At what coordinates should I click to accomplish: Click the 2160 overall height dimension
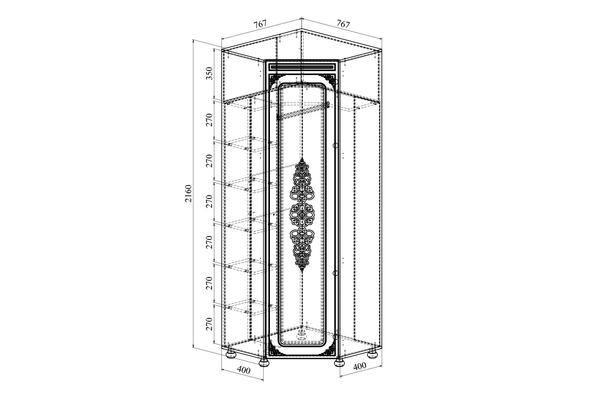pyautogui.click(x=188, y=194)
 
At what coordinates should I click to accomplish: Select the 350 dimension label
pyautogui.click(x=210, y=73)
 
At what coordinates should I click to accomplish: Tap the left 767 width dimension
pyautogui.click(x=260, y=24)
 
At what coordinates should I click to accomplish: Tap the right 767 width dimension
pyautogui.click(x=343, y=24)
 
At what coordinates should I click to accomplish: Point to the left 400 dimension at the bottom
pyautogui.click(x=244, y=370)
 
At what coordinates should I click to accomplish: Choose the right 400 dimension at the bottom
pyautogui.click(x=360, y=366)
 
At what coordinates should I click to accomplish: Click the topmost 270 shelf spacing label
pyautogui.click(x=210, y=120)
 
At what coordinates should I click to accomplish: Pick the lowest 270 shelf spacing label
pyautogui.click(x=210, y=324)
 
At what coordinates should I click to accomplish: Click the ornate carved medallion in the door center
pyautogui.click(x=302, y=215)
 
